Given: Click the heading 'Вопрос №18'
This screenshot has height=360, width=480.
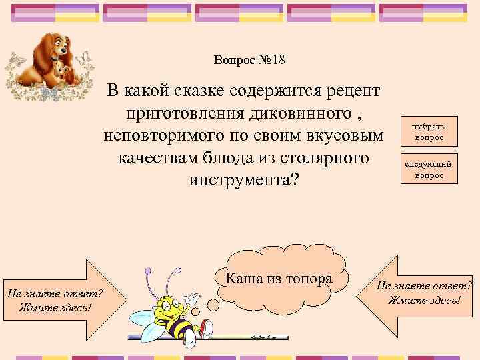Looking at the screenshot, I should point(249,60).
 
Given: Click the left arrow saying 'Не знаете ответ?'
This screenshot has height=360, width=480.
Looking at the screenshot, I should point(53,300).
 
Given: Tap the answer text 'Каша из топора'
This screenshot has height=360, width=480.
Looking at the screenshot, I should point(279,279).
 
